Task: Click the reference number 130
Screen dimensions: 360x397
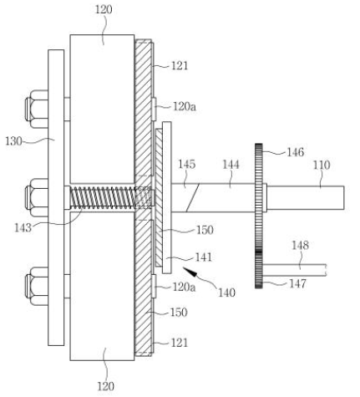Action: [x=13, y=141]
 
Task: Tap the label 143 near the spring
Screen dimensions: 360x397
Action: [x=23, y=228]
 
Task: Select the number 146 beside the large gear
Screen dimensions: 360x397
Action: [x=296, y=152]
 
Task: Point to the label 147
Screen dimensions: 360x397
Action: [x=297, y=283]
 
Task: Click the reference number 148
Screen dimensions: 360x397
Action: [x=300, y=246]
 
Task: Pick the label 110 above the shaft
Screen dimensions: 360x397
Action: [x=322, y=165]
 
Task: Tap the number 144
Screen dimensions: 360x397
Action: [x=231, y=165]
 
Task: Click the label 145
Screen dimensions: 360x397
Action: [x=187, y=165]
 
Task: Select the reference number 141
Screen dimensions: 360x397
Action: [x=204, y=257]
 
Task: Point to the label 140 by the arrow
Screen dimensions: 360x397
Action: [x=226, y=293]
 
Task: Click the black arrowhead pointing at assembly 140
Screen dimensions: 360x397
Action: [x=190, y=272]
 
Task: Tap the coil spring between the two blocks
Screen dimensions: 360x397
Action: [x=111, y=198]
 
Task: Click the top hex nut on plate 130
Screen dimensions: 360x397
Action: [x=36, y=109]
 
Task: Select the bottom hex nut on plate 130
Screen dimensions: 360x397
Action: [x=36, y=286]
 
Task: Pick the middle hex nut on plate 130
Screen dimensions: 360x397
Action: [x=36, y=197]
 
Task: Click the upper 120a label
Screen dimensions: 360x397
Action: [x=185, y=106]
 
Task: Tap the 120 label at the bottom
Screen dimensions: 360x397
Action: [x=105, y=386]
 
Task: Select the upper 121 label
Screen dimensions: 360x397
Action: [x=180, y=66]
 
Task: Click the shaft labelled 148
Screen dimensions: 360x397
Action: [x=294, y=270]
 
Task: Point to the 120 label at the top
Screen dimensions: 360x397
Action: [x=104, y=10]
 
